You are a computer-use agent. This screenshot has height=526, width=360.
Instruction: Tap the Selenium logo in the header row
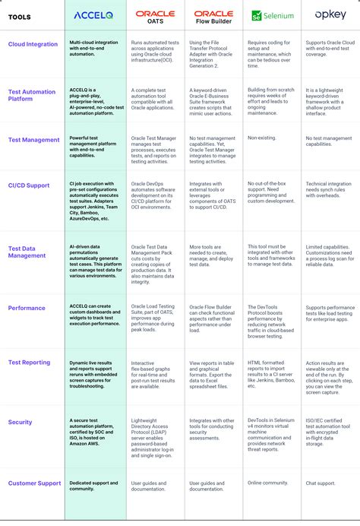(273, 14)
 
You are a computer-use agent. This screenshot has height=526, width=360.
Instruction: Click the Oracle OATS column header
(155, 16)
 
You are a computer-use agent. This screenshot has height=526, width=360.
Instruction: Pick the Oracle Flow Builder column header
(213, 16)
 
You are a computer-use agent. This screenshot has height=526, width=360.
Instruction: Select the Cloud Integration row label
(33, 44)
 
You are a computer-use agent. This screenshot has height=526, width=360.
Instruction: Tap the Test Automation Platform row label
(32, 96)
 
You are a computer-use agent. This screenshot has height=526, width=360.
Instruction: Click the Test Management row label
(33, 140)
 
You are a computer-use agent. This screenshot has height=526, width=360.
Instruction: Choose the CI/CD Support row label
(29, 185)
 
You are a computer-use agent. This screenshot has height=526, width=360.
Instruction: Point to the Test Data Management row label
(27, 252)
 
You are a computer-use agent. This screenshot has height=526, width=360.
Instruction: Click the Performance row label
(27, 308)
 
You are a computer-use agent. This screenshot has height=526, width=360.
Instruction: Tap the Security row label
(21, 422)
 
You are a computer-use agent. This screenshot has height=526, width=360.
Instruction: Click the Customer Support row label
(33, 483)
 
